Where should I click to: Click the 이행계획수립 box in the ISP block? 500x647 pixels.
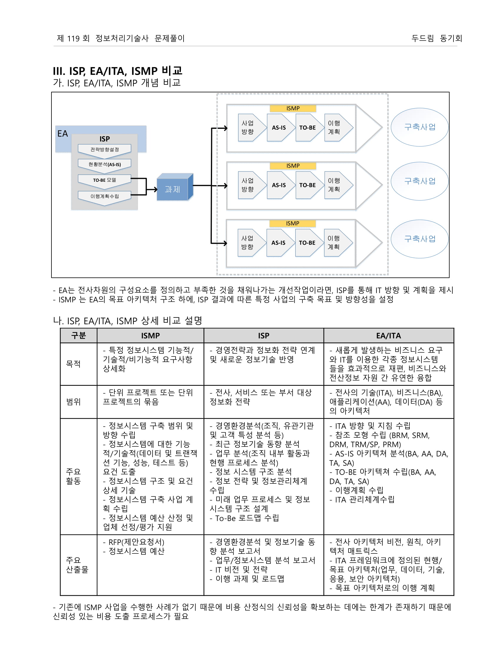coord(105,196)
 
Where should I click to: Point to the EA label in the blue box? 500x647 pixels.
coord(62,134)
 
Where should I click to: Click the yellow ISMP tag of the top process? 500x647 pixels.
coord(293,109)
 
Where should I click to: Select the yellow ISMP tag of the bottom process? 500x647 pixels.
coord(292,224)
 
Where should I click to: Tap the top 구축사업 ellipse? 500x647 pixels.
coord(419,127)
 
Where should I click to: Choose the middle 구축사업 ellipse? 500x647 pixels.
coord(419,181)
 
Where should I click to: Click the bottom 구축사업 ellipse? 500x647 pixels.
coord(419,239)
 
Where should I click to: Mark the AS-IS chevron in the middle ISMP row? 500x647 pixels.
coord(279,185)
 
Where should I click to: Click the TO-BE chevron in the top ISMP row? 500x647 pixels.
coord(307,128)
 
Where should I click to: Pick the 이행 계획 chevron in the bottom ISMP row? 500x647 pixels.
coord(335,243)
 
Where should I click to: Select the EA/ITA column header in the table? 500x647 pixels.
coord(388,336)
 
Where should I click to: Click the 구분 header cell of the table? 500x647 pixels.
coord(79,336)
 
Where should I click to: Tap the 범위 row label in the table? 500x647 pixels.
coord(74,402)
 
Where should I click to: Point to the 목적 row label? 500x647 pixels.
coord(74,364)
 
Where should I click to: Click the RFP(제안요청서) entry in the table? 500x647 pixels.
coord(136,542)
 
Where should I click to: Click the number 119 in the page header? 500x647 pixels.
coord(74,39)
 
